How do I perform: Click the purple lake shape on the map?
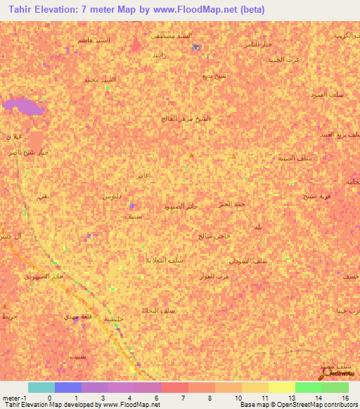pos(21,108)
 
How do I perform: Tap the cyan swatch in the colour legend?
pos(41,387)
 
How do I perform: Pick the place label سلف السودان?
pos(248,261)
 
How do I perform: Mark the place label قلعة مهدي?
pos(77,318)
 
